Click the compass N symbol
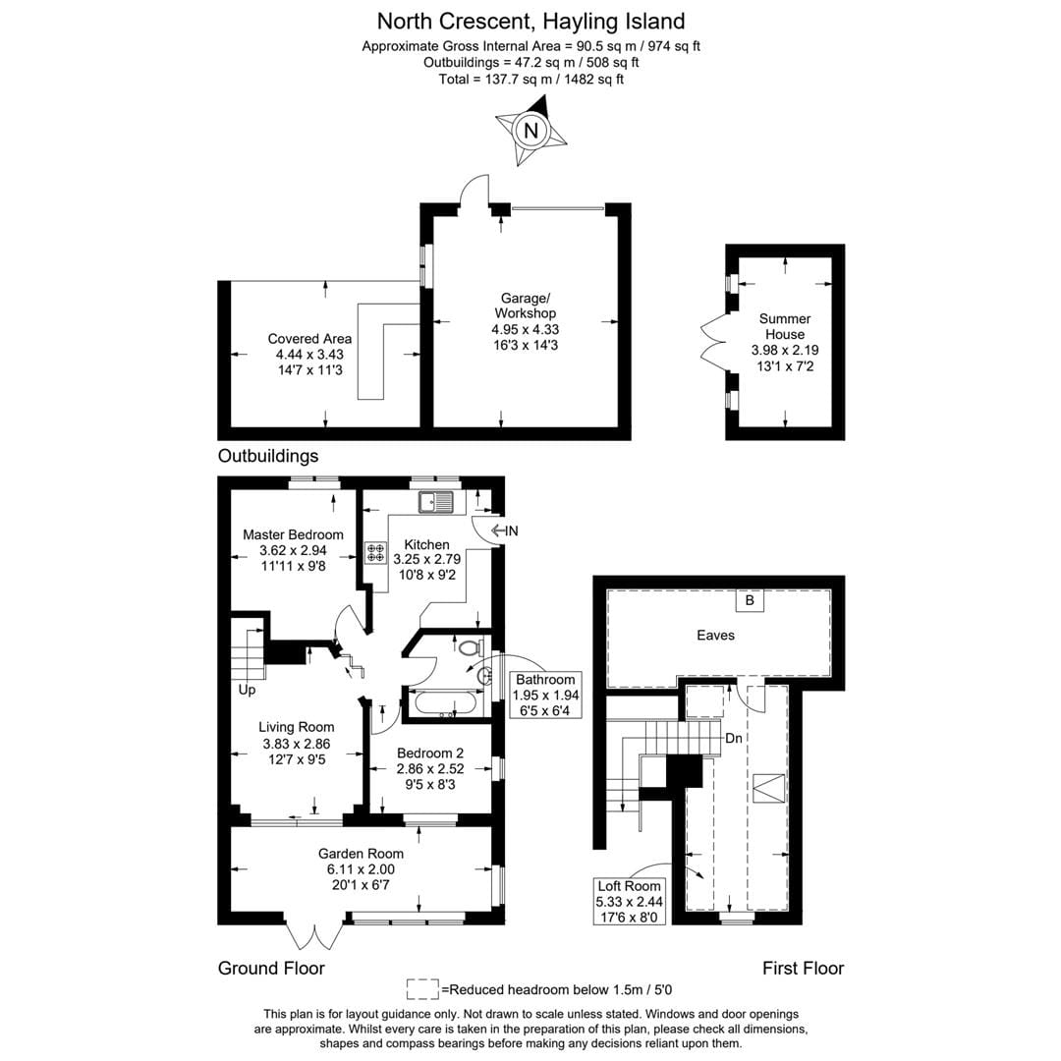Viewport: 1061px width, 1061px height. (531, 130)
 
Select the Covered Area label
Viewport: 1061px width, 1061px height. (309, 355)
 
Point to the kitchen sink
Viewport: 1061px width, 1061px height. (437, 503)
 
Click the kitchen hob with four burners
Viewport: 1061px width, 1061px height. (375, 552)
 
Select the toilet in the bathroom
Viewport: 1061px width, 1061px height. (469, 647)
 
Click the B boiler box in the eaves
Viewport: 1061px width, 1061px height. (750, 599)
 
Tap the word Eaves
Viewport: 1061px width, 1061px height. (715, 636)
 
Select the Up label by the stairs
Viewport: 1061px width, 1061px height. (247, 691)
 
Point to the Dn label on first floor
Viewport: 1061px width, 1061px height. (734, 738)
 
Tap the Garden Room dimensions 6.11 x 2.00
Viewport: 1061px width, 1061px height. (361, 869)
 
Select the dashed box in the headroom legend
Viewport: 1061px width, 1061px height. (422, 987)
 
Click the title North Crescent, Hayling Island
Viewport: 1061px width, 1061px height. (531, 21)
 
